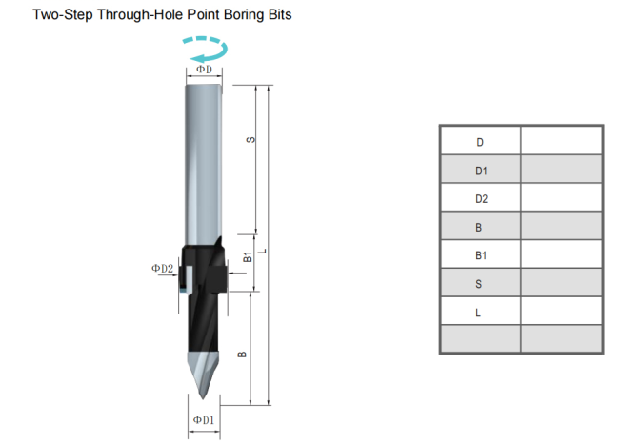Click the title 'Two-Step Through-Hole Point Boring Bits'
click(x=163, y=15)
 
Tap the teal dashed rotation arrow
click(x=203, y=49)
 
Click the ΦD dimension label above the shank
click(x=204, y=71)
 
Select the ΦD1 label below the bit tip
click(x=203, y=420)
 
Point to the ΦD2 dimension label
click(x=163, y=269)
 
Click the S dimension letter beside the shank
click(x=250, y=140)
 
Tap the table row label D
click(x=480, y=141)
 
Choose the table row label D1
click(x=480, y=170)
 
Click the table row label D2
click(x=480, y=198)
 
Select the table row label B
click(x=480, y=227)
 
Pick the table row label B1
click(x=480, y=255)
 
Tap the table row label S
click(x=480, y=284)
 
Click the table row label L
click(x=480, y=312)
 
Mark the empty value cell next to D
click(x=561, y=141)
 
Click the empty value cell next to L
click(x=561, y=312)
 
